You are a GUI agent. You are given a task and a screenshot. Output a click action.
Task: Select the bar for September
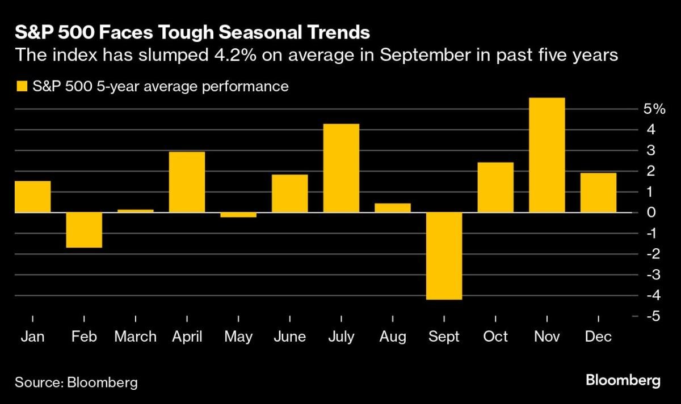coord(444,256)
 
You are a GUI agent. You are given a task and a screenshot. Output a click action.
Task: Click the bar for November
coord(547,155)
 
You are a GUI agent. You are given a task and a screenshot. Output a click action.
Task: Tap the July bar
coord(341,168)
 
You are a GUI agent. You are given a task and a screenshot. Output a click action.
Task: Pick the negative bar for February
coord(84,230)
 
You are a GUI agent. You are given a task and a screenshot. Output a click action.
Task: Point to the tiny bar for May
coord(238,215)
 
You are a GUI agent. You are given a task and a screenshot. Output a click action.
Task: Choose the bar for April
coord(187,182)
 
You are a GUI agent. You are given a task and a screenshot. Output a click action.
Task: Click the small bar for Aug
coord(392,208)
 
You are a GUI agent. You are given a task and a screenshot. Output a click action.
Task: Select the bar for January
coord(32,197)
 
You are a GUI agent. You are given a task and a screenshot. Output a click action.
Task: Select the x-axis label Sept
coord(444,337)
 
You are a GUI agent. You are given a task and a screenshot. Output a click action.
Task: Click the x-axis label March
coord(135,337)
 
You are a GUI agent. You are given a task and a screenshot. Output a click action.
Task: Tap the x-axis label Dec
coord(598,337)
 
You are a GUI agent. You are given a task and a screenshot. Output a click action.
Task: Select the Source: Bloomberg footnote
coord(76,382)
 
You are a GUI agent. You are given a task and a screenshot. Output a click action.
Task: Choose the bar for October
coord(495,188)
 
